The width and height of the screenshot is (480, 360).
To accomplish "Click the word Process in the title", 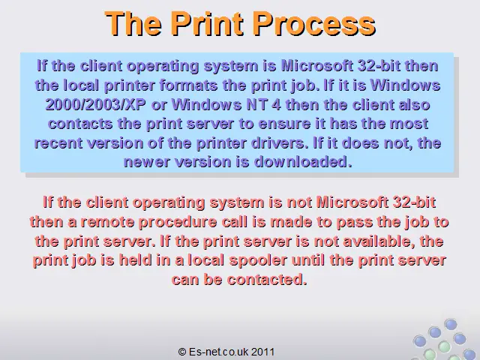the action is coord(314,23).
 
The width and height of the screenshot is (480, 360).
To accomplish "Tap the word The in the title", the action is coord(133,23).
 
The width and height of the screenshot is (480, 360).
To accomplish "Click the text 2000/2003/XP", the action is coord(96,105).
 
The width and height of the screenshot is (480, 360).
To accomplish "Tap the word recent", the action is coord(58,143).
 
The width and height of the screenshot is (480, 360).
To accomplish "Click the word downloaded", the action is coord(303,162).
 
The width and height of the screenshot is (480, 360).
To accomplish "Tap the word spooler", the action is coord(258,260).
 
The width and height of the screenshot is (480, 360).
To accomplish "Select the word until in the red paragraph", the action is coord(308,260).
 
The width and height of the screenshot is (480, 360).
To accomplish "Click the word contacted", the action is coord(267,280).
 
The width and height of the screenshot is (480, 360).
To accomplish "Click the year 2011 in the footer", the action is coord(263,352).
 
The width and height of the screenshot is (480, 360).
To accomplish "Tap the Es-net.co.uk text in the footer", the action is coord(218,352).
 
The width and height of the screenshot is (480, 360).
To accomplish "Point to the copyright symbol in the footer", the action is coord(182,352).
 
